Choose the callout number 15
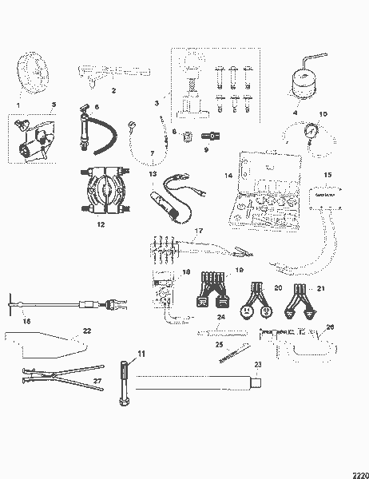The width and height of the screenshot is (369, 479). pyautogui.click(x=326, y=175)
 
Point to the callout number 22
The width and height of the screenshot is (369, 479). pyautogui.click(x=87, y=330)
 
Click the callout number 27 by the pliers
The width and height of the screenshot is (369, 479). pyautogui.click(x=97, y=382)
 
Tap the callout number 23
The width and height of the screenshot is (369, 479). pyautogui.click(x=257, y=365)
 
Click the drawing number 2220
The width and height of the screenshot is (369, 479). pyautogui.click(x=356, y=473)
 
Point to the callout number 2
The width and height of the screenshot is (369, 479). pyautogui.click(x=113, y=90)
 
